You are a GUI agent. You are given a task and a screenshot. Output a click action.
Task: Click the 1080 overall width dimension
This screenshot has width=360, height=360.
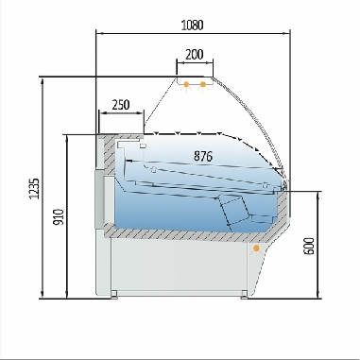point(192,24)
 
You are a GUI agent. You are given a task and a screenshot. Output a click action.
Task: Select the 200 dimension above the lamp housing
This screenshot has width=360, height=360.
point(193,55)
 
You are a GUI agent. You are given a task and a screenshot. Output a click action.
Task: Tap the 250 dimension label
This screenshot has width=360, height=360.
point(120,104)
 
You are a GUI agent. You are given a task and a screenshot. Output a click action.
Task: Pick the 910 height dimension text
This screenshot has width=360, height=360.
point(59,216)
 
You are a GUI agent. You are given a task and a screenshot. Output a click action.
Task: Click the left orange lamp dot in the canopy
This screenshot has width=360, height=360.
point(187,86)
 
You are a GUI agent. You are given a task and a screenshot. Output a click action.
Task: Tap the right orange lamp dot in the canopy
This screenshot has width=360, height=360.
point(203,86)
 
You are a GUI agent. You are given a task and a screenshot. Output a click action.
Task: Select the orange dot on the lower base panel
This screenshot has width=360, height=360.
point(256,249)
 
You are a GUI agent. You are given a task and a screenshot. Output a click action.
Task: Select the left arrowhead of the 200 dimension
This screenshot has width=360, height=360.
point(179,65)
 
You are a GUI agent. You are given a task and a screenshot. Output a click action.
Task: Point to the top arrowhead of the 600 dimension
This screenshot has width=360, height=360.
point(318,191)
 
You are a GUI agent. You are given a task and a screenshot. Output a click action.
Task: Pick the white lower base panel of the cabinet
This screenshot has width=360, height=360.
point(180,265)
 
